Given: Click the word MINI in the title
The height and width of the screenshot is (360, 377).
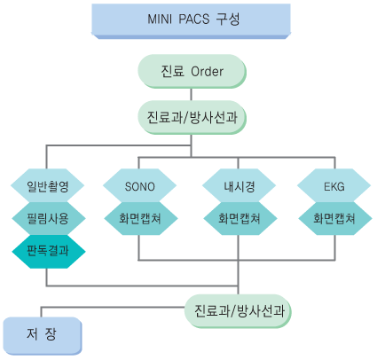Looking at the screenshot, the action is tap(160, 20).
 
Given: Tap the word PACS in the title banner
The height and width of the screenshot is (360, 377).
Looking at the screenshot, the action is tap(194, 20).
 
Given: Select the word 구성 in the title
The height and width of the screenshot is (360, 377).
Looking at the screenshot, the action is tap(228, 20).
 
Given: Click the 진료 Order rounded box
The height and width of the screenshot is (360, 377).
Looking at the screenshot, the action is tap(192, 71).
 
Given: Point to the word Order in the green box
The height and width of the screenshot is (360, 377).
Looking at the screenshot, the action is tap(207, 72).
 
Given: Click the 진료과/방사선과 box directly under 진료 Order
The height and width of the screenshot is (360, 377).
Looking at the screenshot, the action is tap(192, 117).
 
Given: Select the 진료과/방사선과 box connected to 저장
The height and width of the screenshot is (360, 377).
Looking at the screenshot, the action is tap(238, 311).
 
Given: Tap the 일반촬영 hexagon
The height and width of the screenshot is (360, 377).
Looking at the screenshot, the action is tap(48, 186).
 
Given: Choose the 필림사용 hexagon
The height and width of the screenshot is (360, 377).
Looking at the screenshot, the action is tap(49, 218).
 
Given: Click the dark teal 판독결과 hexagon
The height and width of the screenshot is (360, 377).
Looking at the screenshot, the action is tap(49, 252).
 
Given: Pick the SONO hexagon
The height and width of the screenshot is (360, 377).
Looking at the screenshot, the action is tap(139, 186).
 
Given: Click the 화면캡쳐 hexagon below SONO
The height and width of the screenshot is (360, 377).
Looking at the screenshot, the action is tap(141, 218).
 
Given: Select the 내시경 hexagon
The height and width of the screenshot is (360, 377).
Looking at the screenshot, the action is tap(239, 186).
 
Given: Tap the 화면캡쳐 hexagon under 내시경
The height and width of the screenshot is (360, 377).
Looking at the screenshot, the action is tap(240, 218).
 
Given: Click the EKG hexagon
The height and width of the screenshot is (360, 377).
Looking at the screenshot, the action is tap(334, 186).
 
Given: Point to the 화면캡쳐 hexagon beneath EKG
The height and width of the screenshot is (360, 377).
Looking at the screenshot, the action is tap(335, 218).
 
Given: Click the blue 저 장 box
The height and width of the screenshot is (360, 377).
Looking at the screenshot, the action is tap(43, 336).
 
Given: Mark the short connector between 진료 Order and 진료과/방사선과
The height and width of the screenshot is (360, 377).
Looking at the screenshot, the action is tap(191, 95).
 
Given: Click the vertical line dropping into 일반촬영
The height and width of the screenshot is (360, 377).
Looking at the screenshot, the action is tap(46, 157).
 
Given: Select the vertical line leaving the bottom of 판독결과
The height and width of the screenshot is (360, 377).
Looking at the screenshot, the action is tap(46, 278).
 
